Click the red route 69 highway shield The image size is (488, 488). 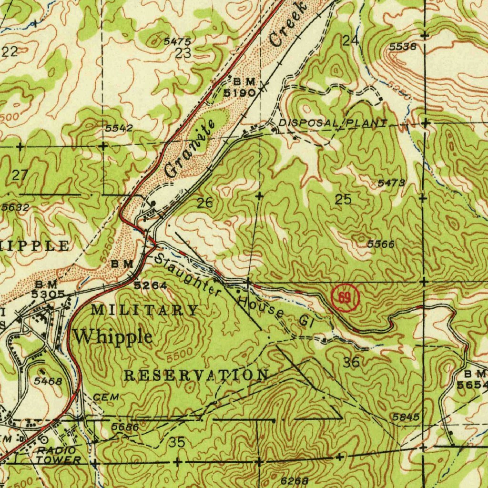pos(344,299)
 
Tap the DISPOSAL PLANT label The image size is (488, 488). pos(333,123)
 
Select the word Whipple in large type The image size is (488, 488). pos(113,336)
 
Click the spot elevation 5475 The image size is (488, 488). pos(177,42)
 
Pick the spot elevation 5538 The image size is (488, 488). pos(403,47)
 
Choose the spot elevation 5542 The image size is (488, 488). pos(119,128)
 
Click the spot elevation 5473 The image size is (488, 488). pos(391,183)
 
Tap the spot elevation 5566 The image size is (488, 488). pos(381,244)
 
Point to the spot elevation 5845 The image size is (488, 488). pos(406,417)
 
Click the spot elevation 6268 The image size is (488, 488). pos(294,481)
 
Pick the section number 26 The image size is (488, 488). pos(205,203)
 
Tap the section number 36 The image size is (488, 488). pos(351,362)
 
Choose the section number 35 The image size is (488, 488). pos(177,442)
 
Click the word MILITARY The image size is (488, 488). pos(144,310)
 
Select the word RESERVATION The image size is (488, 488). pos(196,375)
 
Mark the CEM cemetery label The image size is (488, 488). pos(105,397)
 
